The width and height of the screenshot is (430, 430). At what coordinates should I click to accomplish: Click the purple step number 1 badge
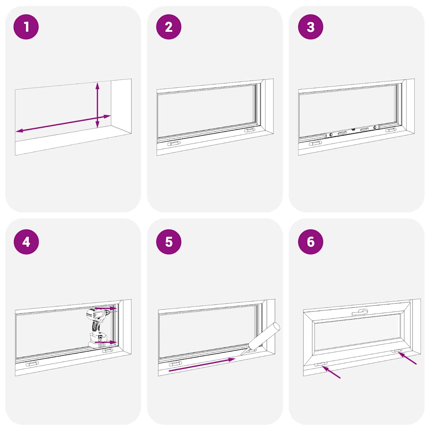26,27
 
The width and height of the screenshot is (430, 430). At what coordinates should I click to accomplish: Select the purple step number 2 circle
168,27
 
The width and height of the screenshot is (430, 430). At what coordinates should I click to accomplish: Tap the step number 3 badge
310,27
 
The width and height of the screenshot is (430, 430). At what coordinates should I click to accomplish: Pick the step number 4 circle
26,242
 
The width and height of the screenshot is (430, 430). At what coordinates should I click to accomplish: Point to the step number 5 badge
168,242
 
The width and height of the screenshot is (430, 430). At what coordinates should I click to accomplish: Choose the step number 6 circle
310,242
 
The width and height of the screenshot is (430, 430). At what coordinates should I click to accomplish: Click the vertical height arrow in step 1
97,105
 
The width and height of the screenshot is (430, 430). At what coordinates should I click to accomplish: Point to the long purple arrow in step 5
202,365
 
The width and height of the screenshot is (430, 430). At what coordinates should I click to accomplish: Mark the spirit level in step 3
353,131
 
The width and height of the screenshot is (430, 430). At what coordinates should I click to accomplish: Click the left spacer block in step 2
174,144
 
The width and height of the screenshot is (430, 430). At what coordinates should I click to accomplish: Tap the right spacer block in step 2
249,131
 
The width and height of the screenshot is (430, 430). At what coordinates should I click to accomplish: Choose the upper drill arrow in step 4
105,308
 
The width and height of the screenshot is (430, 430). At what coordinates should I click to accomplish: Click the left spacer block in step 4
32,364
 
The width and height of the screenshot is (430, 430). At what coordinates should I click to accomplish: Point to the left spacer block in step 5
175,364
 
